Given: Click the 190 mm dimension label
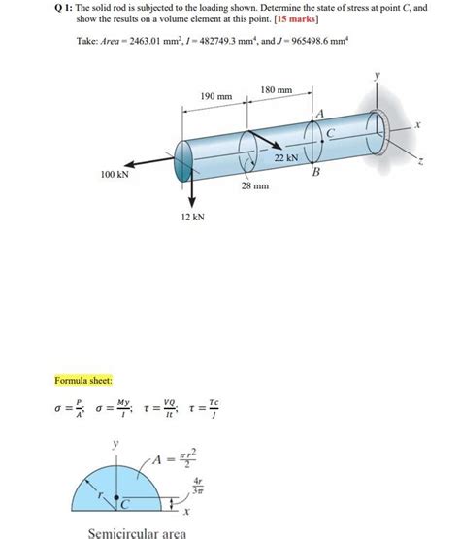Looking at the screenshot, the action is pos(216,97).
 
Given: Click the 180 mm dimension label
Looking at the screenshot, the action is pos(277,90).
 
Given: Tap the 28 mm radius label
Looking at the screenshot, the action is pos(254,184).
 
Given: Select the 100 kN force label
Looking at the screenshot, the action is pos(114,175).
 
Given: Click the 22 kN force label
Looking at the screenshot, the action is pos(286,156).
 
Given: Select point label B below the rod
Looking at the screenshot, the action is pos(314,174).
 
